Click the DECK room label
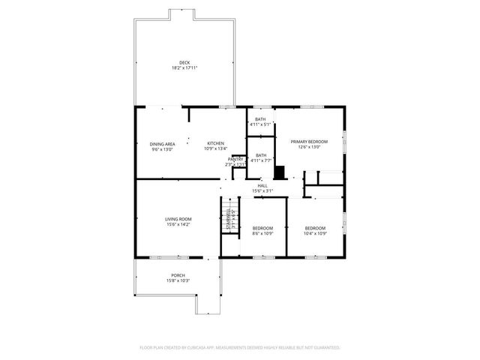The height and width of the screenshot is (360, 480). pos(184,62)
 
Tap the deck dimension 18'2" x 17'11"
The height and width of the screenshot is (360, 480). pos(184,68)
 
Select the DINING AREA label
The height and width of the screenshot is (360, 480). pos(162,143)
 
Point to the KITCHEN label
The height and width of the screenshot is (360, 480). pos(215,142)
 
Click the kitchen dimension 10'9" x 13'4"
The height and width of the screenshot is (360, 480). pos(215,148)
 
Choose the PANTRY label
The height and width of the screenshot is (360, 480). pos(235,159)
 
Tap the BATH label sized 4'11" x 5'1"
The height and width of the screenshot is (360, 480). pos(260,119)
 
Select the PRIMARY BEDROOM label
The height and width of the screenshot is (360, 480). pos(309,141)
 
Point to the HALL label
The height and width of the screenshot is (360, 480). pos(262,185)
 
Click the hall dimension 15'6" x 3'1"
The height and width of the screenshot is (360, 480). pos(262,191)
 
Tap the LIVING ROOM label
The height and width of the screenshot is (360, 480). pos(178,219)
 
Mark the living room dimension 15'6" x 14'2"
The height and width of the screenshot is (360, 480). pos(178,225)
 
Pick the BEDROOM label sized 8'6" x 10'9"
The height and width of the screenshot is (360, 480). pos(262,228)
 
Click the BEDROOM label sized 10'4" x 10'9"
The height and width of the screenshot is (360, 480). pos(315,228)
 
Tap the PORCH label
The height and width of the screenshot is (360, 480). pos(178,275)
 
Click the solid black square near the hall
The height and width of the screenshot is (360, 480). pos(280,172)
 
